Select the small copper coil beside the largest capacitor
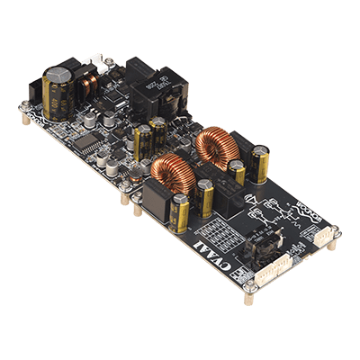point(89,85)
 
